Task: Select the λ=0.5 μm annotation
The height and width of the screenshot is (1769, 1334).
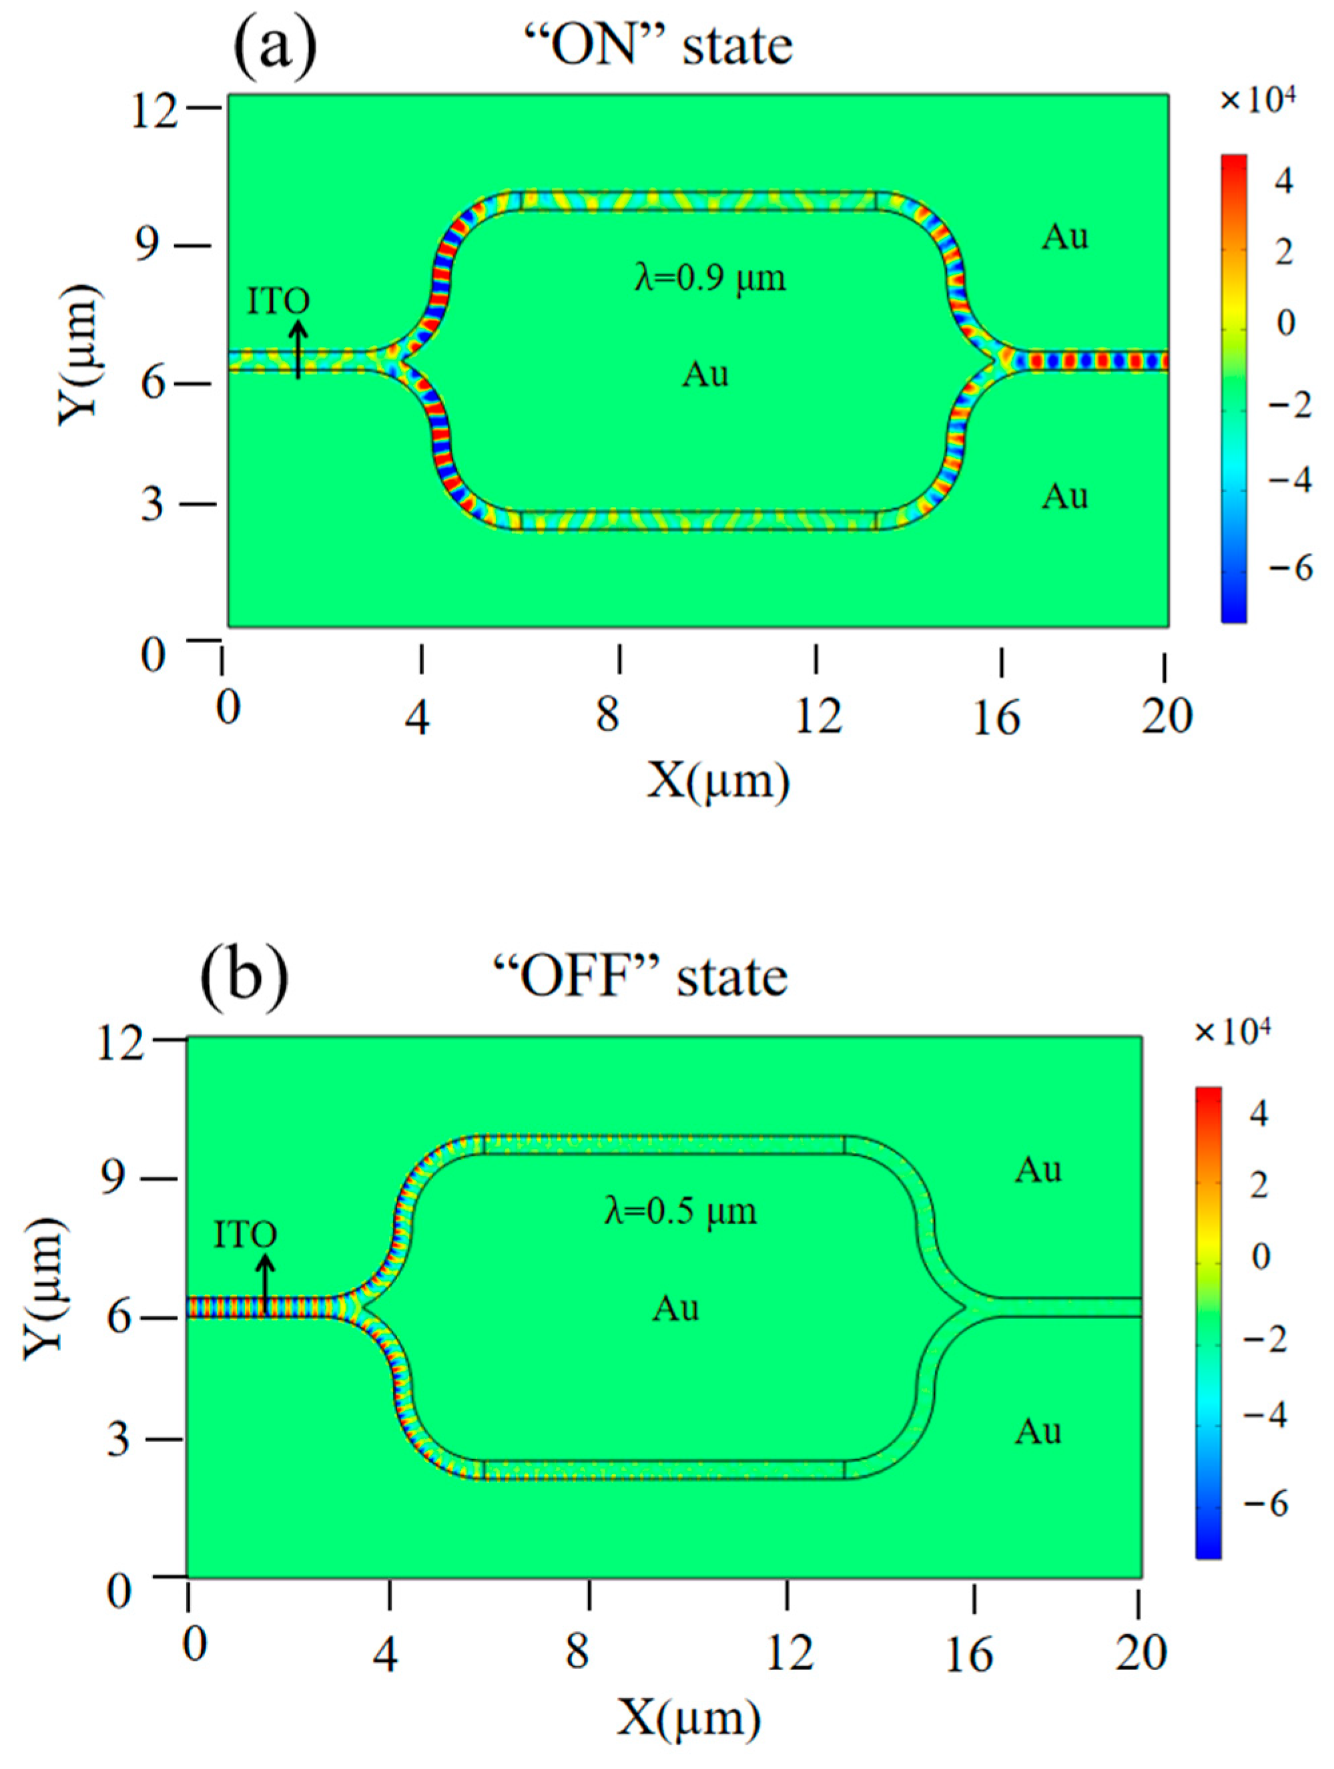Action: [x=680, y=1211]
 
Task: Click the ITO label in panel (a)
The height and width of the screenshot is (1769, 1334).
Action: [x=278, y=301]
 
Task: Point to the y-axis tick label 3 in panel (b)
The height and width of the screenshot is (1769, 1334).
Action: [x=118, y=1438]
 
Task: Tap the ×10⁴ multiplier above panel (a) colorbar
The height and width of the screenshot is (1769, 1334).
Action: [x=1257, y=102]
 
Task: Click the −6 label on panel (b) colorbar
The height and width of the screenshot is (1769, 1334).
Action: [x=1266, y=1505]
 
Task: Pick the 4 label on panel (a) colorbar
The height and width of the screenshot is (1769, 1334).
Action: [x=1284, y=182]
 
